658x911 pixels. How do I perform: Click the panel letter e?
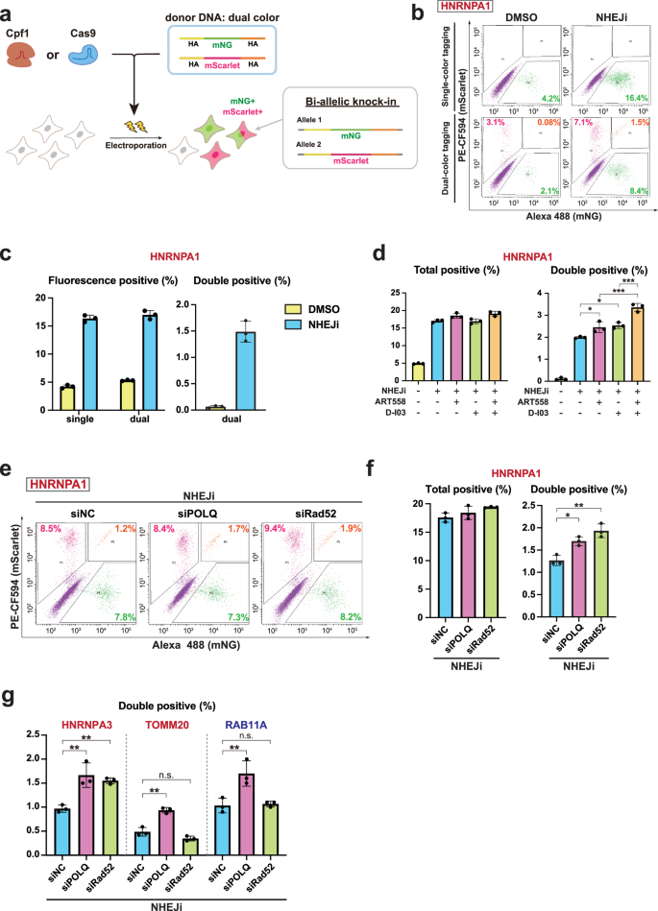11,474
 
